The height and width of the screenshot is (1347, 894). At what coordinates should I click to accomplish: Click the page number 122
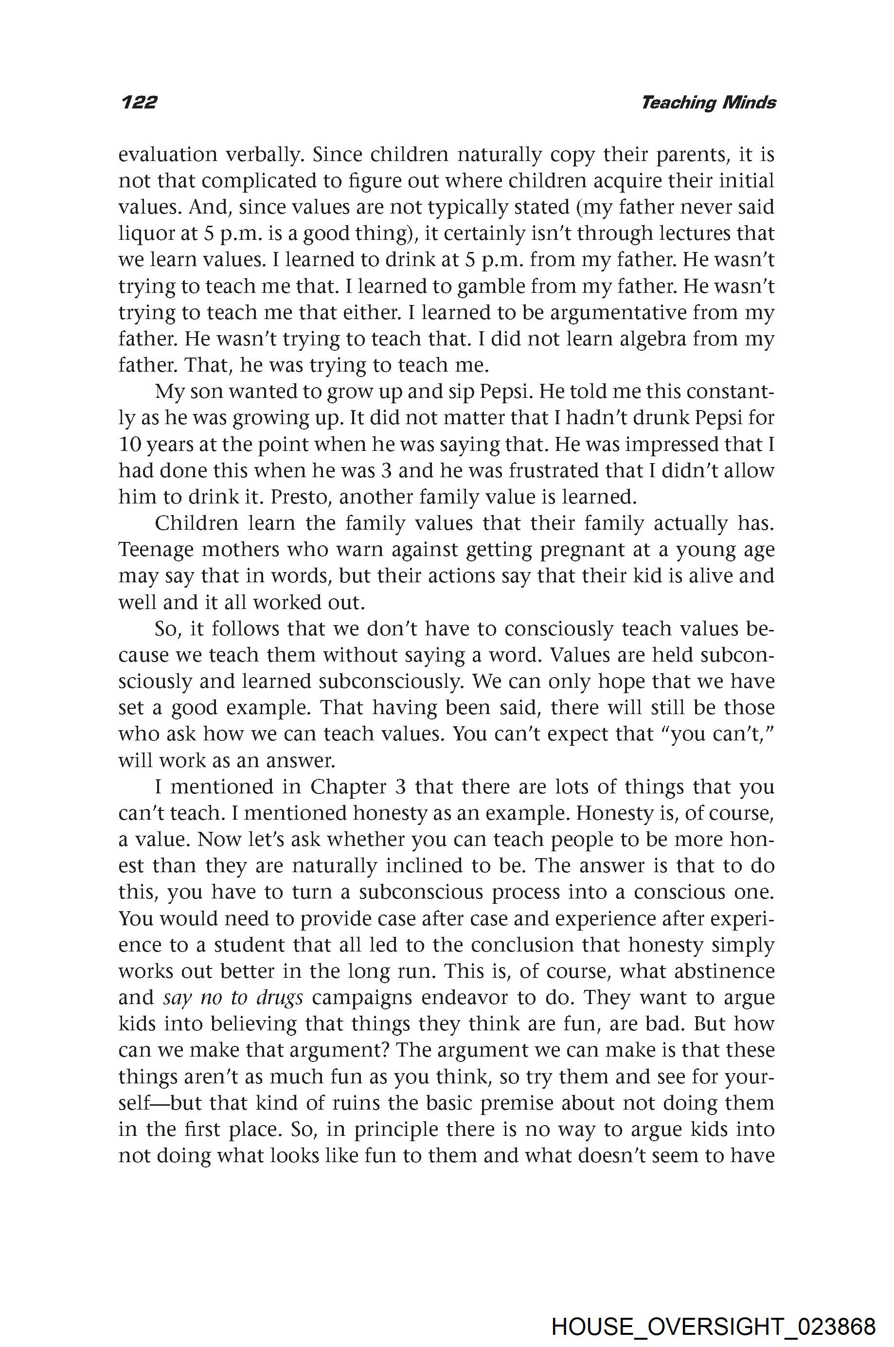139,102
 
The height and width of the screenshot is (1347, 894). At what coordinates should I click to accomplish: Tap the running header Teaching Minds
708,103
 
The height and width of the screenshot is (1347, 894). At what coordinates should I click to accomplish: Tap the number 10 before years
129,445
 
